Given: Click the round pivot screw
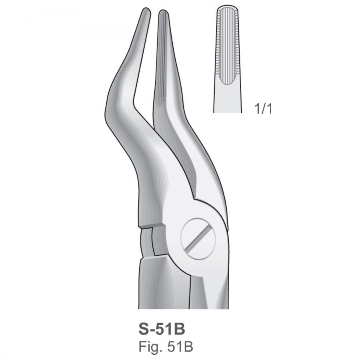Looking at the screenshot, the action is click(x=198, y=239).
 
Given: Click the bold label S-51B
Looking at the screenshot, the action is click(x=162, y=329).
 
